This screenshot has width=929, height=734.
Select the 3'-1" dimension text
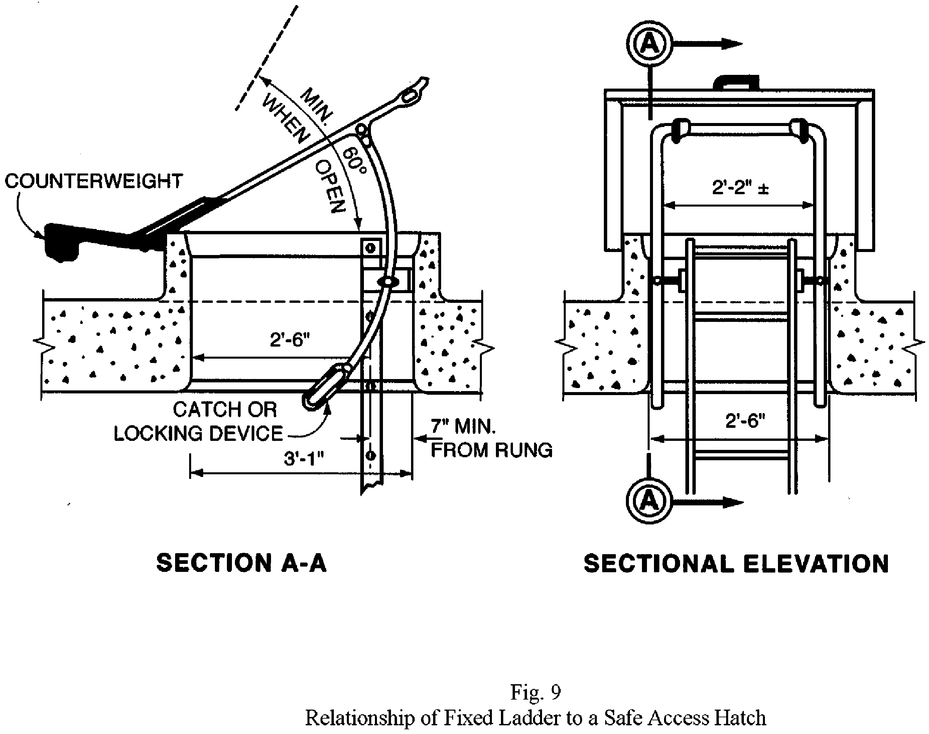pyautogui.click(x=303, y=459)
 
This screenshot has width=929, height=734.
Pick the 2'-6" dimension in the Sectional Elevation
pyautogui.click(x=745, y=421)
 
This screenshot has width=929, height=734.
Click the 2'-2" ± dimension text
pyautogui.click(x=740, y=188)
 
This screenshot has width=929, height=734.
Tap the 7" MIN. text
pyautogui.click(x=463, y=426)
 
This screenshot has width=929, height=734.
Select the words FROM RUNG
pyautogui.click(x=491, y=450)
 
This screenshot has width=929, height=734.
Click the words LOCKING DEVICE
pyautogui.click(x=198, y=433)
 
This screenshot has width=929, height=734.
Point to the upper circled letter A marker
pyautogui.click(x=649, y=44)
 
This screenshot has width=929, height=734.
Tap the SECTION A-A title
pyautogui.click(x=242, y=563)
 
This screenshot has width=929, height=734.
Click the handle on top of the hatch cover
pyautogui.click(x=736, y=82)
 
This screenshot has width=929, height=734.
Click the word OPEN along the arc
pyautogui.click(x=330, y=187)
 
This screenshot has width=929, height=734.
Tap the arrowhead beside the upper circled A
pyautogui.click(x=731, y=44)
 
